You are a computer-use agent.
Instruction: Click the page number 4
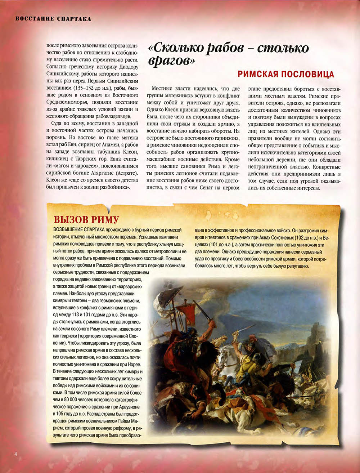tap(16, 454)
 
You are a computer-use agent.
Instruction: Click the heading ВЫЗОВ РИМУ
tap(86, 220)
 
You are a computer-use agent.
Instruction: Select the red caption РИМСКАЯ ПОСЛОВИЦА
tap(286, 74)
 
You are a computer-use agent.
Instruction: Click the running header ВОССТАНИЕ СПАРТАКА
tap(53, 19)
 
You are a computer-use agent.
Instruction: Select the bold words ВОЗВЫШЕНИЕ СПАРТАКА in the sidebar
tap(79, 230)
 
